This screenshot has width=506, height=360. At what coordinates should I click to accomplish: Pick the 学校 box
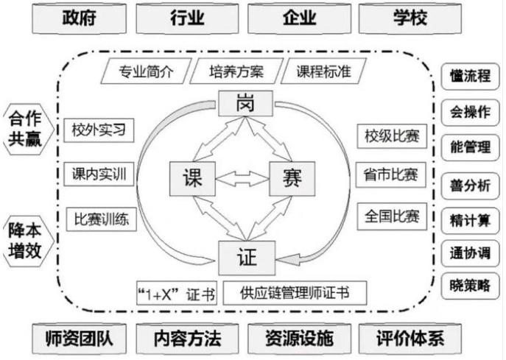[x=410, y=18]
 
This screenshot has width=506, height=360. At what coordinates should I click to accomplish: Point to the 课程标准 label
[x=323, y=72]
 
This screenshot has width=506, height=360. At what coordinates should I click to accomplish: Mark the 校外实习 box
[x=99, y=131]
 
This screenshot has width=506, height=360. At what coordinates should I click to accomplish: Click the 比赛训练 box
[x=100, y=219]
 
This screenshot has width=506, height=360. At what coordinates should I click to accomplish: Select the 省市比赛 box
[x=390, y=175]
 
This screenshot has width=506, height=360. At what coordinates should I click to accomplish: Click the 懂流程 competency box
[x=470, y=76]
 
